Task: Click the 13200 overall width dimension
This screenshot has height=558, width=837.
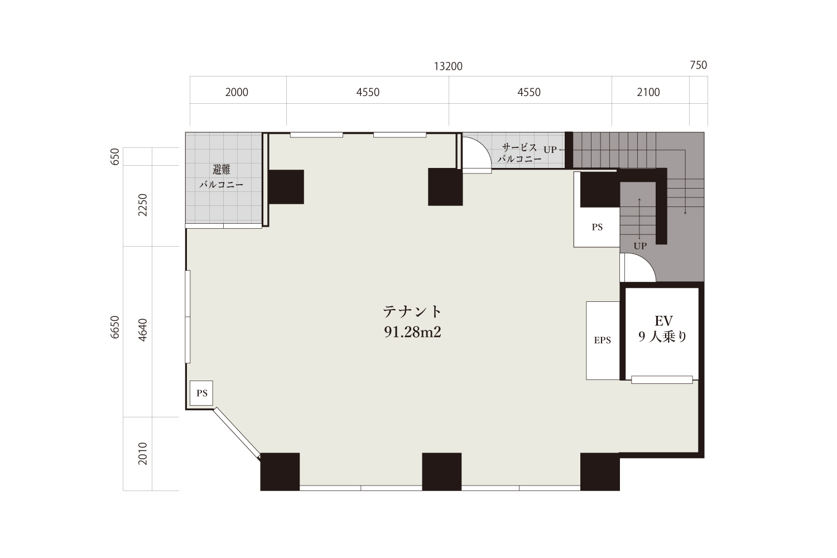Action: click(448, 66)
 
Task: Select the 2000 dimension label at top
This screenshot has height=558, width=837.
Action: click(237, 92)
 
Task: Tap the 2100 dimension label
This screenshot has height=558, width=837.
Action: click(648, 92)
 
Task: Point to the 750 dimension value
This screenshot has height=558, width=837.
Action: click(699, 65)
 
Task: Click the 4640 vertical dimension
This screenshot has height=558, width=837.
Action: click(143, 330)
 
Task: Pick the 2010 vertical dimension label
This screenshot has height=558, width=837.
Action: click(143, 454)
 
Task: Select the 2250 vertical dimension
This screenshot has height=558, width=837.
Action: click(143, 205)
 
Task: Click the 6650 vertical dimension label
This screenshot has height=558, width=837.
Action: click(115, 328)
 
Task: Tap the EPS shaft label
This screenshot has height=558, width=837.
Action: click(602, 340)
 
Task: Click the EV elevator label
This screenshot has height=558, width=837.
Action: click(663, 321)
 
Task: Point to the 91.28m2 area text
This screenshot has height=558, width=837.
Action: click(412, 332)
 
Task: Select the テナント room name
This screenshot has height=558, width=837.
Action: click(412, 311)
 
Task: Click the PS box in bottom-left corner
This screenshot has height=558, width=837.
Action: click(201, 393)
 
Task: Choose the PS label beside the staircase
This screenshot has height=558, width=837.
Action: click(597, 227)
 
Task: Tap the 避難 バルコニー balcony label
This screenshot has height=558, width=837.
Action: click(221, 177)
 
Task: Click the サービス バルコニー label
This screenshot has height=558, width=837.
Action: click(519, 153)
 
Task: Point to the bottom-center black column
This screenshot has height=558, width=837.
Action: click(442, 472)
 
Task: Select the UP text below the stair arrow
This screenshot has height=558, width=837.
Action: click(640, 246)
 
